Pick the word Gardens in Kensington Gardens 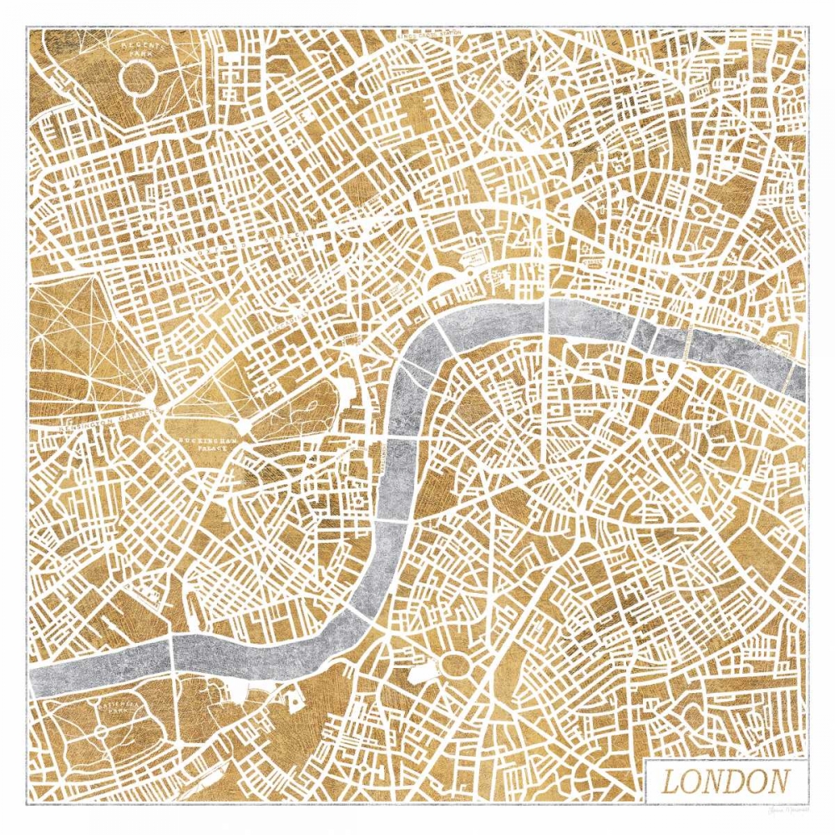(134, 412)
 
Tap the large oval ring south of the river (456, 665)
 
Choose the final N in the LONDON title (777, 782)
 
